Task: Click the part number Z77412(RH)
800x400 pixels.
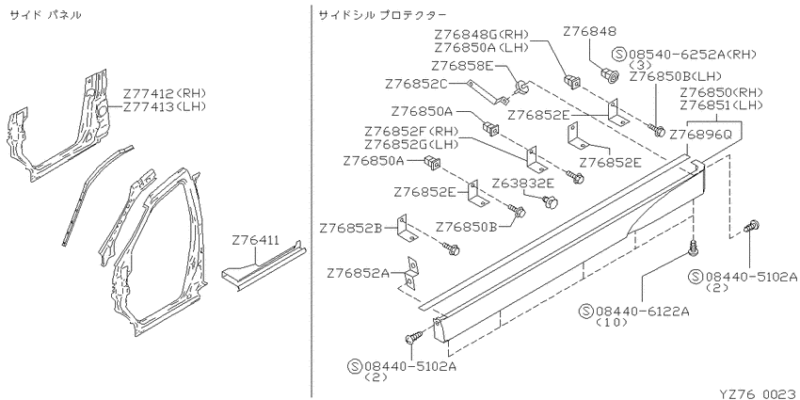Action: click(x=164, y=93)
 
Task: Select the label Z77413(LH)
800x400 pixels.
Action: click(x=164, y=106)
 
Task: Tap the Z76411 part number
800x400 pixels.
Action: click(x=255, y=240)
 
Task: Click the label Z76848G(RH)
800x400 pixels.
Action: click(x=482, y=35)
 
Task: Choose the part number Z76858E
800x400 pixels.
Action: click(x=462, y=66)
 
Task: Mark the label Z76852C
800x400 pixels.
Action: click(x=416, y=84)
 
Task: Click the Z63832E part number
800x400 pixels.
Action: click(x=523, y=184)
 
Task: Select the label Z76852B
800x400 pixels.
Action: click(x=350, y=228)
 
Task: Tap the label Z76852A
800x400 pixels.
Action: click(x=359, y=274)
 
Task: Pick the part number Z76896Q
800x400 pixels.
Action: click(x=700, y=136)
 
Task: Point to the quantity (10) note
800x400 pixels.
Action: click(x=611, y=323)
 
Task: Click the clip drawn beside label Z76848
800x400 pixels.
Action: click(x=610, y=76)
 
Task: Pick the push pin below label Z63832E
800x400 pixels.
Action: click(x=550, y=202)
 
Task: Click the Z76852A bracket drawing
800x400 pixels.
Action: click(x=411, y=274)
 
